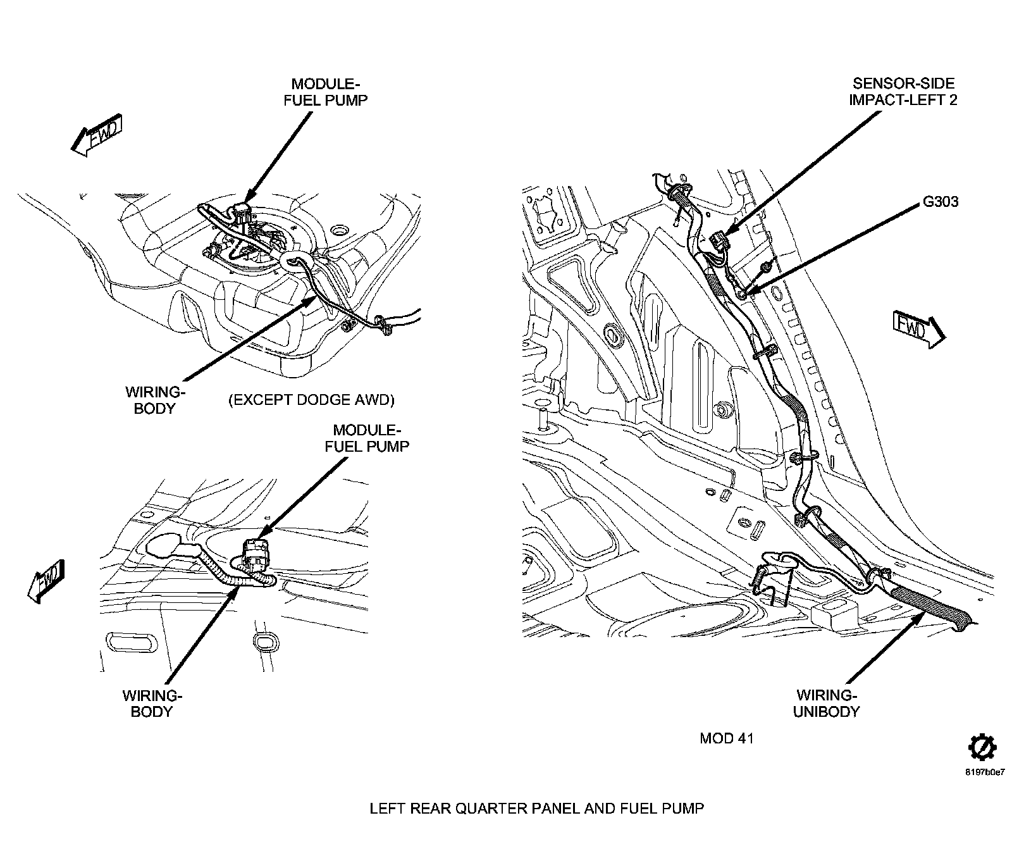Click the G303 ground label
[941, 202]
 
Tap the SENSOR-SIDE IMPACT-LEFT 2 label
[903, 92]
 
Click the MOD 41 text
[727, 738]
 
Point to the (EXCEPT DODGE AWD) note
[311, 400]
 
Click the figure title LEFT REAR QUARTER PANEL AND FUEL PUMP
[536, 809]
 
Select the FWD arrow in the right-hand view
[919, 328]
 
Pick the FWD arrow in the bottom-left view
[47, 580]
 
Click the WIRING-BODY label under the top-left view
[154, 400]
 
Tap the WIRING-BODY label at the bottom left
[152, 704]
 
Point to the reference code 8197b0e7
[985, 773]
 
